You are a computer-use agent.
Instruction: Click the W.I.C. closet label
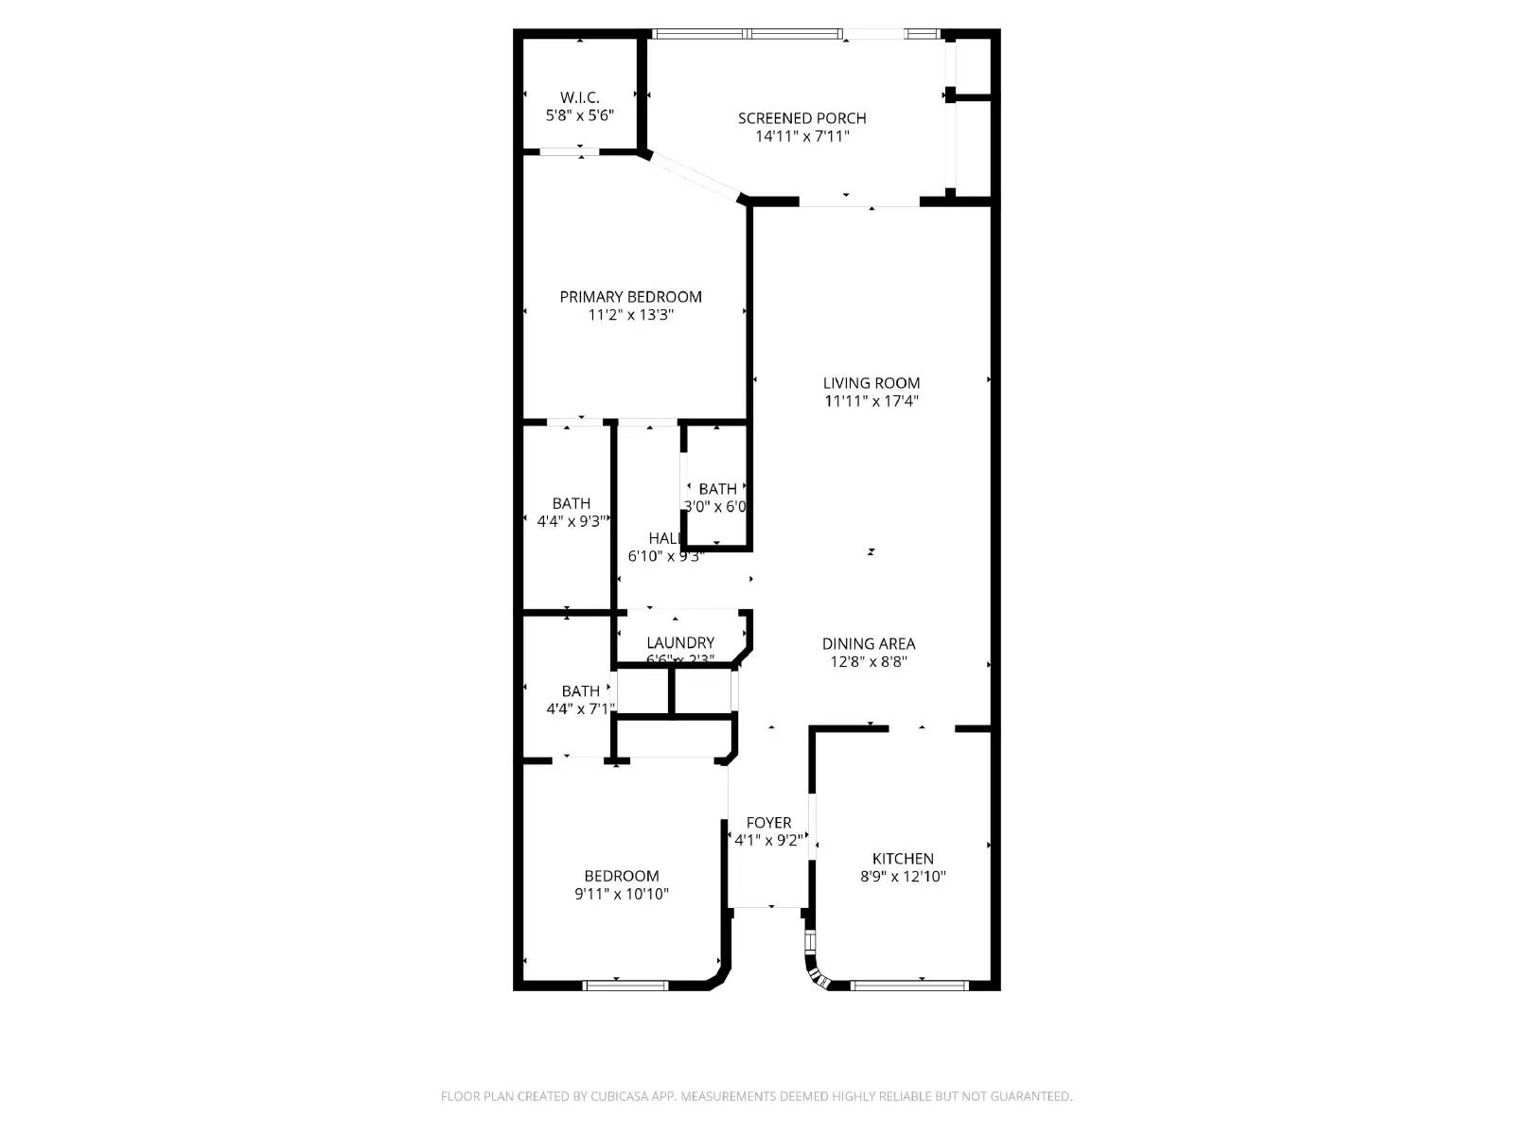579,97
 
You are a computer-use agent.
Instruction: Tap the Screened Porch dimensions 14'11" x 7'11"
801,136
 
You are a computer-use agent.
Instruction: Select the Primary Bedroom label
630,296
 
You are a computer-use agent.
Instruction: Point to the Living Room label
871,383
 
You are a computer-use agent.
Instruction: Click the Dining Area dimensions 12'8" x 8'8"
869,662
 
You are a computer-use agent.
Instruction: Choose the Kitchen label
903,858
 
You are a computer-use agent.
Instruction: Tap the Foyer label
768,822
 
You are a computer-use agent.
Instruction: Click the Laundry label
679,642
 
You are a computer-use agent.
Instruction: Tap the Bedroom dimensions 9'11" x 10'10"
621,894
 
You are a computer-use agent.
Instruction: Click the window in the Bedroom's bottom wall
625,986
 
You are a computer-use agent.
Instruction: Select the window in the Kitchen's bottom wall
908,986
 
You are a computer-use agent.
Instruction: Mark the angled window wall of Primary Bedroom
694,178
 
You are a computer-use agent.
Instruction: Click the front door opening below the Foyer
768,907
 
